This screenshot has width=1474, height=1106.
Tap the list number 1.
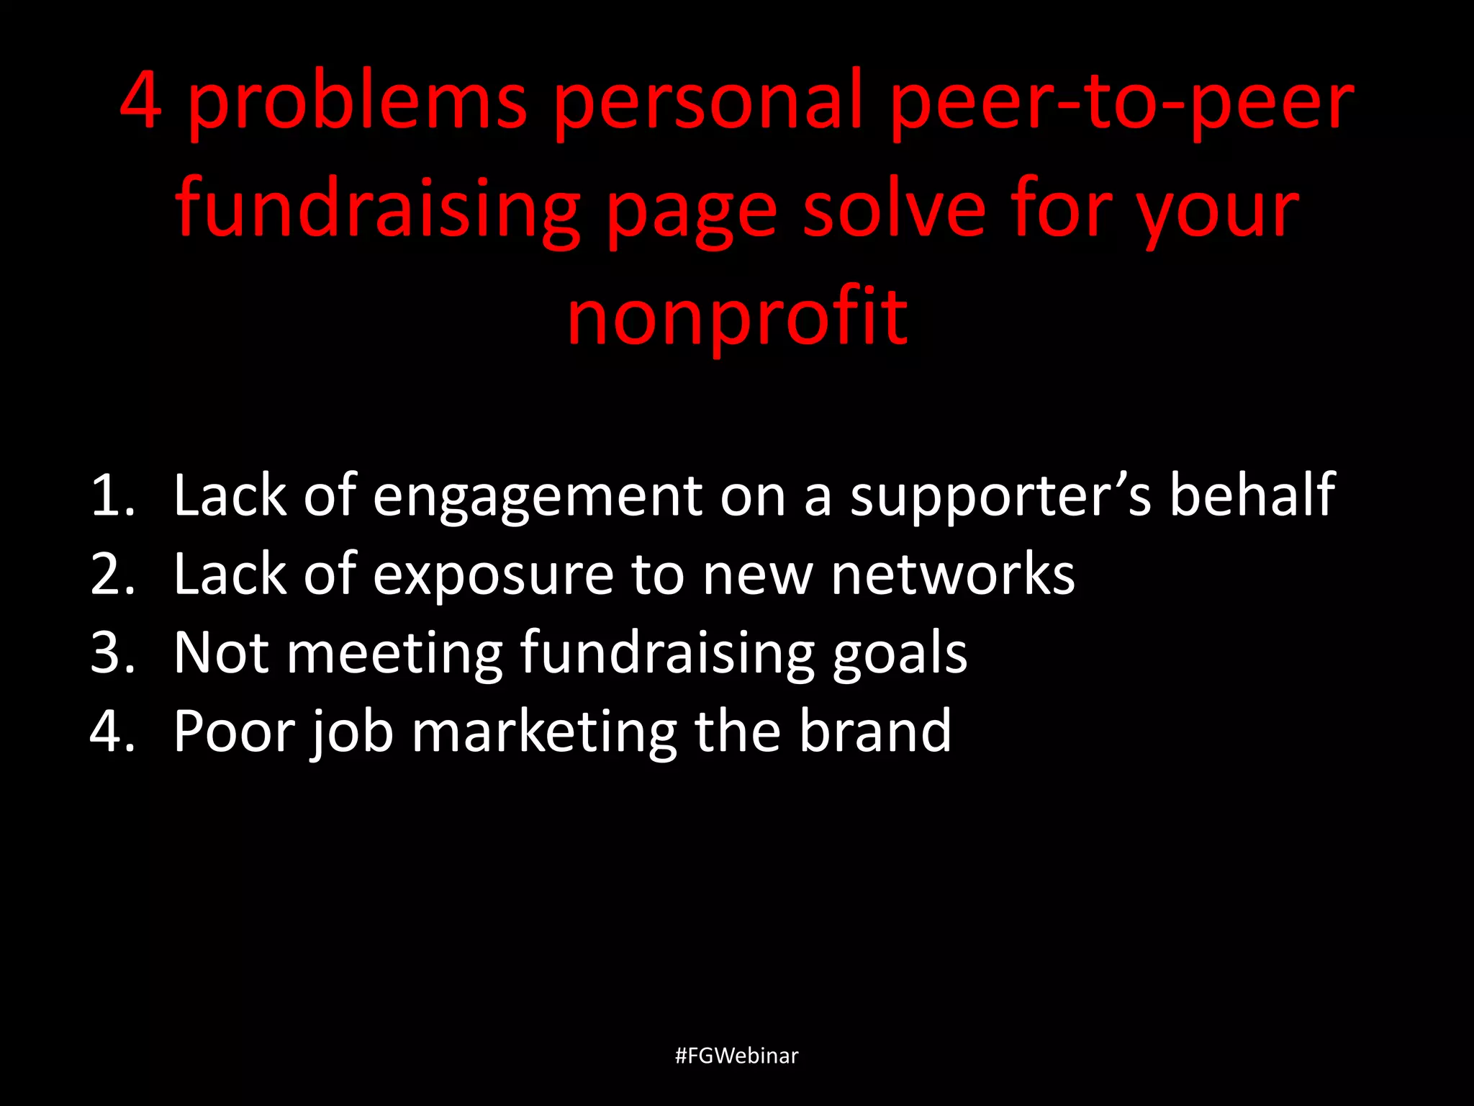click(112, 496)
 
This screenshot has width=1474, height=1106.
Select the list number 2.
click(112, 575)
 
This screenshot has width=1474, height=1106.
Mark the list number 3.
click(112, 653)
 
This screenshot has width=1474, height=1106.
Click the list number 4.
click(112, 732)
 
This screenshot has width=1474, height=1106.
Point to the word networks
click(953, 574)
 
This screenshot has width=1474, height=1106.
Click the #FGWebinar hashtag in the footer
click(737, 1056)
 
